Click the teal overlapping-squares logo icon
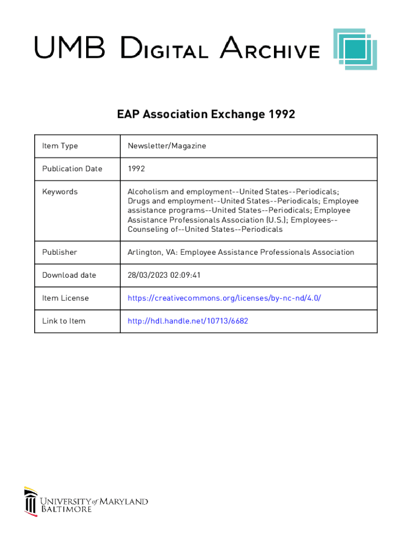[355, 49]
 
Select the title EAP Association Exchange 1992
[206, 115]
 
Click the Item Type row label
[60, 146]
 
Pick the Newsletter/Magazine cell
[166, 146]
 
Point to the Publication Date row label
[72, 169]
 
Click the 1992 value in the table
[136, 169]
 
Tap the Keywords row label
[60, 192]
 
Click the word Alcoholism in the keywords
[148, 192]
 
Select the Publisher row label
[59, 252]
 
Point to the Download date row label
[69, 275]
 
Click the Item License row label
[65, 298]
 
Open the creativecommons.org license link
[224, 298]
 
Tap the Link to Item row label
[64, 321]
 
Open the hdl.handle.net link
[188, 321]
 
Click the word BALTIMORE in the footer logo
[66, 509]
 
